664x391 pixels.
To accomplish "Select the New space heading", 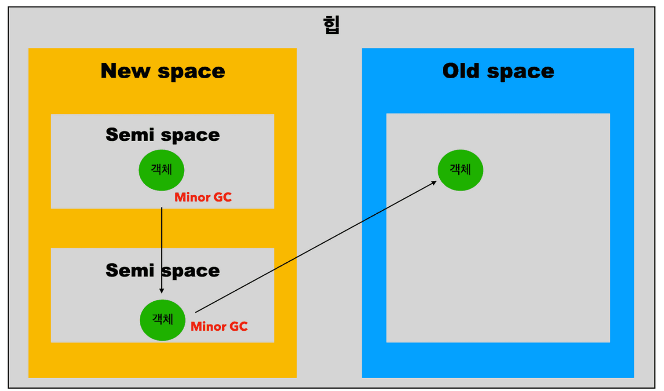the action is pyautogui.click(x=163, y=71).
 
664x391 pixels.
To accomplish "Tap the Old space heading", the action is pyautogui.click(x=498, y=71).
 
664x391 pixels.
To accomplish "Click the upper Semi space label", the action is pyautogui.click(x=163, y=135).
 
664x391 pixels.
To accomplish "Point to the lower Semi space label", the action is pyautogui.click(x=163, y=270).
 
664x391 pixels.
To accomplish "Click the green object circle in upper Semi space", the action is pyautogui.click(x=161, y=170).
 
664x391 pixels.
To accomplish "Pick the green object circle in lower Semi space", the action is pyautogui.click(x=163, y=320).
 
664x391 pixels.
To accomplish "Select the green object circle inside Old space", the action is pyautogui.click(x=460, y=170).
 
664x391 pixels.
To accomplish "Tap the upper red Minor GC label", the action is pyautogui.click(x=203, y=197).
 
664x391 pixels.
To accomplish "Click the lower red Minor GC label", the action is pyautogui.click(x=219, y=326).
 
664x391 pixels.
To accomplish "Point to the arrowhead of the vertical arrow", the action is pyautogui.click(x=162, y=290).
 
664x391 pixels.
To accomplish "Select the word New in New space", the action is pyautogui.click(x=125, y=71).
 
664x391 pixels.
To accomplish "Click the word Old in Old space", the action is pyautogui.click(x=461, y=71).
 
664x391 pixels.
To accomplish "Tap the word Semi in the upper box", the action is pyautogui.click(x=130, y=135).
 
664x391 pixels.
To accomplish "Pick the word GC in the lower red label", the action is pyautogui.click(x=239, y=326).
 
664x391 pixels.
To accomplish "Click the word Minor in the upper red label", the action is pyautogui.click(x=192, y=197).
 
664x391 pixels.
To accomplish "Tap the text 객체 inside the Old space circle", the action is pyautogui.click(x=460, y=169).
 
